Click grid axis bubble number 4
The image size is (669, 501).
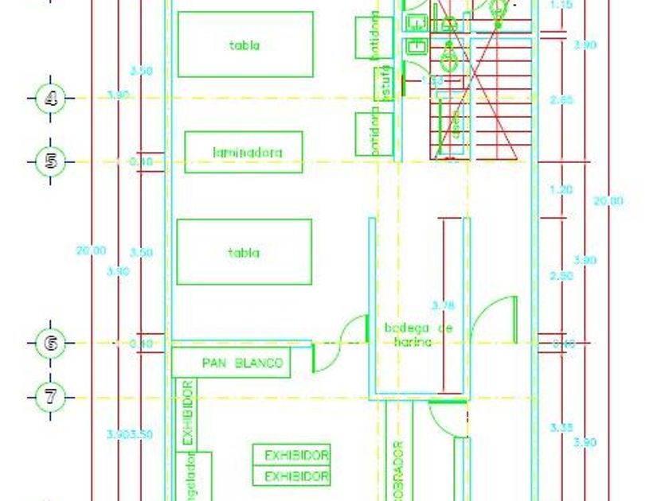[52, 99]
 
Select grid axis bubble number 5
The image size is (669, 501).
[52, 162]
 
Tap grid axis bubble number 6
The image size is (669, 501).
[52, 344]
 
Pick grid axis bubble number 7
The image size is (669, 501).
[52, 395]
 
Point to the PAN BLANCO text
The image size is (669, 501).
[242, 363]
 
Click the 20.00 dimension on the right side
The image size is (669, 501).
[608, 201]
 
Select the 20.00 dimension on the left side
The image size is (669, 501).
[91, 250]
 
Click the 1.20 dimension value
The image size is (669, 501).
[561, 190]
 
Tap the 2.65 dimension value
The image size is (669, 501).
[561, 100]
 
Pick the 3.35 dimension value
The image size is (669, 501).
[561, 429]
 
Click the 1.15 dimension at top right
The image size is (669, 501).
[561, 5]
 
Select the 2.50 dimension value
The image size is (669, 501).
[561, 276]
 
